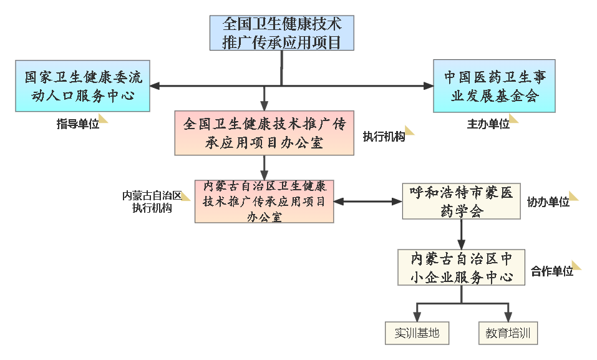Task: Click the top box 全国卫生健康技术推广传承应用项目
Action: pyautogui.click(x=282, y=33)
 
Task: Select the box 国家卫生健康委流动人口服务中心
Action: pyautogui.click(x=82, y=86)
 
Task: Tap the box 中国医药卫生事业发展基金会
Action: pyautogui.click(x=494, y=86)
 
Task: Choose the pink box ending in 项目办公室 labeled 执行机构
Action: pyautogui.click(x=265, y=133)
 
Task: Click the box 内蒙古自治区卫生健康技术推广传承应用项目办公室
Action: pyautogui.click(x=265, y=202)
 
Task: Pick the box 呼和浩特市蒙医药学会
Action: pyautogui.click(x=461, y=202)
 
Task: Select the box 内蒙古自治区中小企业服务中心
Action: pyautogui.click(x=461, y=268)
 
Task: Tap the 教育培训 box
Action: pyautogui.click(x=508, y=333)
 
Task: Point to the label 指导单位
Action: pyautogui.click(x=77, y=124)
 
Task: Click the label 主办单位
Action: pyautogui.click(x=488, y=124)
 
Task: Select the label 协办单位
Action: pyautogui.click(x=548, y=202)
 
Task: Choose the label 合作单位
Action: pyautogui.click(x=551, y=271)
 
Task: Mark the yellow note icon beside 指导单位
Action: pyautogui.click(x=103, y=119)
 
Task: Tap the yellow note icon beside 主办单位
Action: pyautogui.click(x=513, y=119)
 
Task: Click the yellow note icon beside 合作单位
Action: pyautogui.click(x=576, y=265)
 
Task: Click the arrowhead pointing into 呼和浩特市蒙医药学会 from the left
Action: pyautogui.click(x=397, y=202)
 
